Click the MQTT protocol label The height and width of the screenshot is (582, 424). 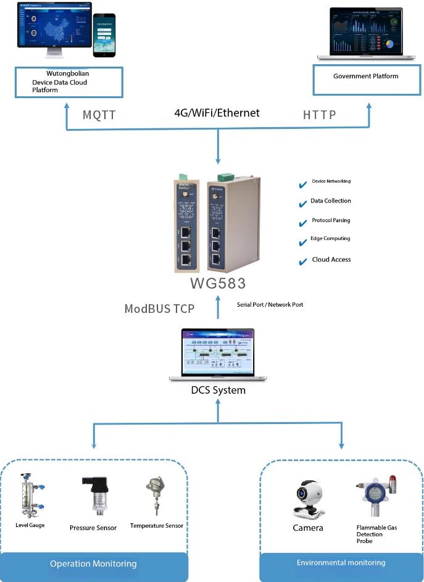coord(99,115)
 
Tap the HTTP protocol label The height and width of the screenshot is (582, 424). coord(320,115)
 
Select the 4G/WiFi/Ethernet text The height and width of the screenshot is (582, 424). coord(217,113)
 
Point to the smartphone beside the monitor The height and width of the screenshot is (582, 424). coord(105,36)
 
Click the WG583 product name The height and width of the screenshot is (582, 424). coord(218,284)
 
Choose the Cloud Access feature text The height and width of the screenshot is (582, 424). coord(331,260)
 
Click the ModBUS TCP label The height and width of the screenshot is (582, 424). coord(159,309)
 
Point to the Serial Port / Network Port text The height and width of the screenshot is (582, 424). coord(270,305)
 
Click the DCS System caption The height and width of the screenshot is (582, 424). coord(218,390)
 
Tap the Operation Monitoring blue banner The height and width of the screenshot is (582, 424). coord(93,563)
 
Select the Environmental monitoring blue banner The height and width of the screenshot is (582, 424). coord(341,563)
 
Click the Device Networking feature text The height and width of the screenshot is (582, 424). coord(331,181)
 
